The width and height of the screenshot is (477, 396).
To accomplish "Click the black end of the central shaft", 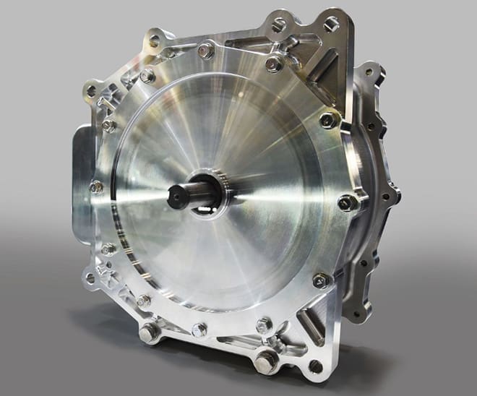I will point(178,194).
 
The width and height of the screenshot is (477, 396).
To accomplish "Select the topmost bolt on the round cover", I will point(205,51).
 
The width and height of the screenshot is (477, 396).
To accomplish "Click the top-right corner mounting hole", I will point(332,25).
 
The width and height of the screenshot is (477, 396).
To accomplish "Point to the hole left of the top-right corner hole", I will point(278,24).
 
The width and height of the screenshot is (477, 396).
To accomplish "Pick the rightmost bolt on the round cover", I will point(348,202).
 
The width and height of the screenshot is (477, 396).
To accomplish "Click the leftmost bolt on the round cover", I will point(95,186).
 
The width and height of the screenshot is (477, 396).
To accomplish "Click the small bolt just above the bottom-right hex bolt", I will point(265,325).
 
